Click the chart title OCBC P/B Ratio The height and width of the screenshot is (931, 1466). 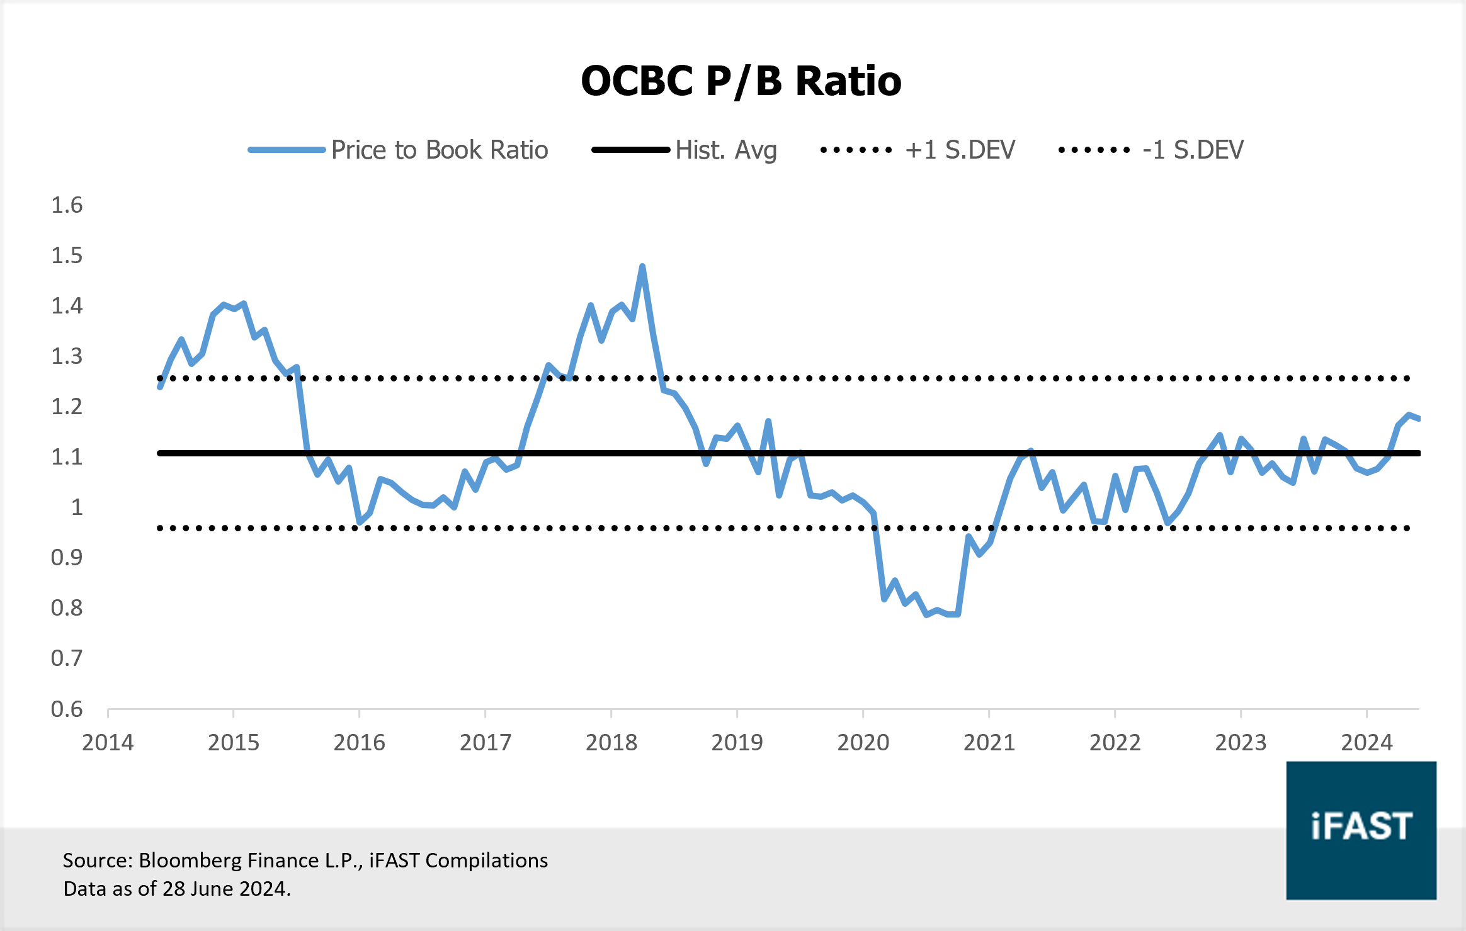point(741,82)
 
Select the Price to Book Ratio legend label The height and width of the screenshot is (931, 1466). point(440,150)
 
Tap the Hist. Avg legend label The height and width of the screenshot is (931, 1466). point(725,150)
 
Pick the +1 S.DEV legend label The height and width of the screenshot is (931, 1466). point(960,150)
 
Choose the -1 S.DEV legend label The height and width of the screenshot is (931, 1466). point(1193,150)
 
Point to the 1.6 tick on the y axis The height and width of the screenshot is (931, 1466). point(67,205)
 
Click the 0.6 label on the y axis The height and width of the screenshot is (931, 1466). point(67,709)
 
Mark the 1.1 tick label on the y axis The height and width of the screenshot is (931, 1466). point(67,457)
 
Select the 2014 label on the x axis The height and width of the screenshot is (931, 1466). point(108,743)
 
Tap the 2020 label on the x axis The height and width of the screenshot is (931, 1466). point(863,743)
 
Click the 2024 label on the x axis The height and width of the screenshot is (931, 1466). point(1367,743)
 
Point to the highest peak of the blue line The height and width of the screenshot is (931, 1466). point(642,267)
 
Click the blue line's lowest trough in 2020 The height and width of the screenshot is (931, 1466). point(926,614)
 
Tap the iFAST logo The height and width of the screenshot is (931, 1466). point(1361,830)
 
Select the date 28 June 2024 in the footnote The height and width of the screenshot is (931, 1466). point(225,889)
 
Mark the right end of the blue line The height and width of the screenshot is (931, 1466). point(1418,419)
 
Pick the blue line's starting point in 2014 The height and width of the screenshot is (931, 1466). point(160,387)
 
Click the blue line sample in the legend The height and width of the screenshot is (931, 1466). point(287,150)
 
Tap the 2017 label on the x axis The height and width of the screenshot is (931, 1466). point(485,743)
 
